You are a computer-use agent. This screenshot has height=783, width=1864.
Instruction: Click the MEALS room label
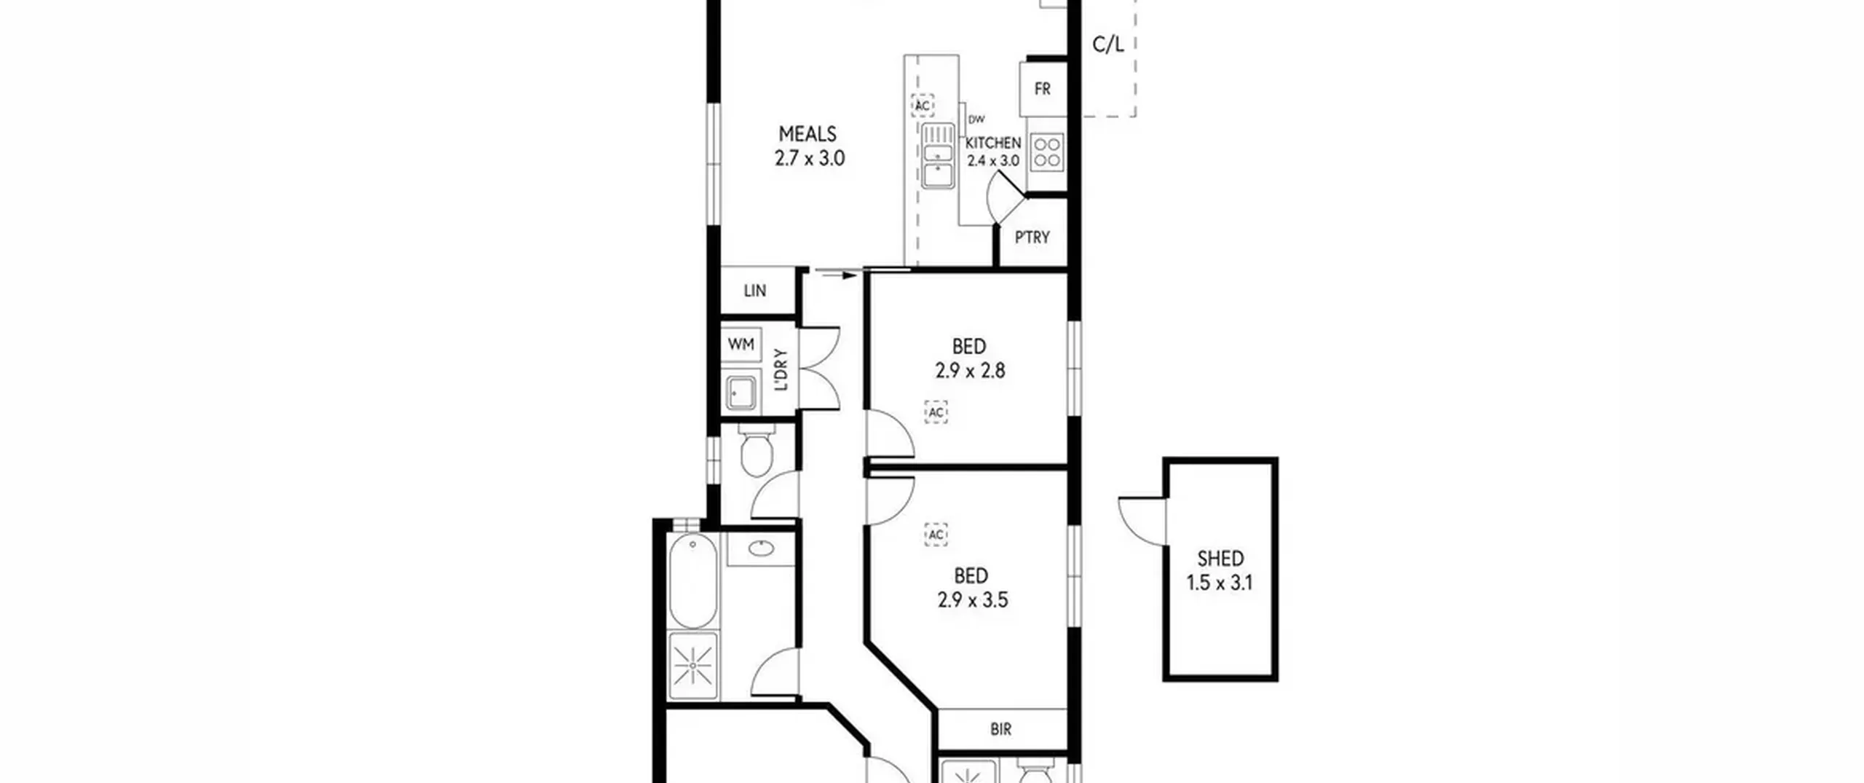point(807,134)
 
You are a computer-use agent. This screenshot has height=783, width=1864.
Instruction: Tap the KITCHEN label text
point(993,143)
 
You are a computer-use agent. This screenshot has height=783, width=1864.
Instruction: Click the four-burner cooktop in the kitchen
point(1047,152)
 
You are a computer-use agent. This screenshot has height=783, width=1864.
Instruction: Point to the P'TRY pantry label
point(1032,237)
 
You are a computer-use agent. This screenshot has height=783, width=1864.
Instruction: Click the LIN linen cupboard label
point(755,291)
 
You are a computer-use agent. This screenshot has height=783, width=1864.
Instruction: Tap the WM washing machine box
point(741,344)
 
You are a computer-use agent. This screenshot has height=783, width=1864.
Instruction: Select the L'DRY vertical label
point(781,370)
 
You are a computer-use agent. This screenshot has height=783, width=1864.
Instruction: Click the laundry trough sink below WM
point(741,394)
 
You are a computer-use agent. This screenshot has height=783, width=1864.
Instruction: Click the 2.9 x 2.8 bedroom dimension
point(970,371)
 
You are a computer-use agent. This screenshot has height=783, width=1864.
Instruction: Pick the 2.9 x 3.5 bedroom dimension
point(973,600)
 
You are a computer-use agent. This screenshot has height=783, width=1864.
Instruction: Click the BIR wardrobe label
point(1000,729)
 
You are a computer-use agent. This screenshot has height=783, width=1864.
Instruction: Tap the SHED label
point(1220,559)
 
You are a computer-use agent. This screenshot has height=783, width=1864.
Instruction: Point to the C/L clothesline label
point(1108,45)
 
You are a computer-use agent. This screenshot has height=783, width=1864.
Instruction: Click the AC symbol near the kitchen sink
point(923,106)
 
